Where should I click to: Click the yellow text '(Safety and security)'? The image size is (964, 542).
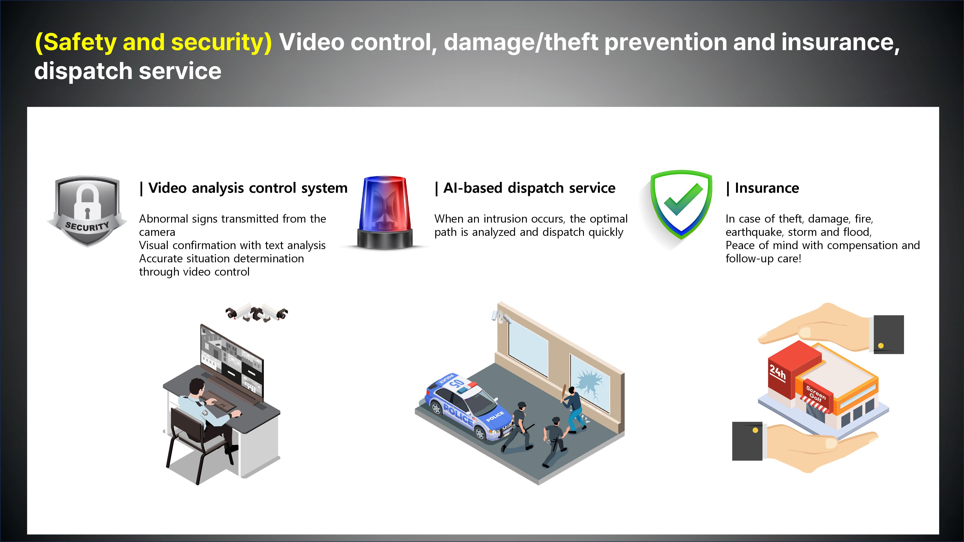(153, 42)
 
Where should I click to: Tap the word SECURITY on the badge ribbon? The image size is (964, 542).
(87, 226)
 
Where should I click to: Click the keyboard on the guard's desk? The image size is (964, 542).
(219, 401)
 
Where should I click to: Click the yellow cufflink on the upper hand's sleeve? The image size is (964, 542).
(881, 346)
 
